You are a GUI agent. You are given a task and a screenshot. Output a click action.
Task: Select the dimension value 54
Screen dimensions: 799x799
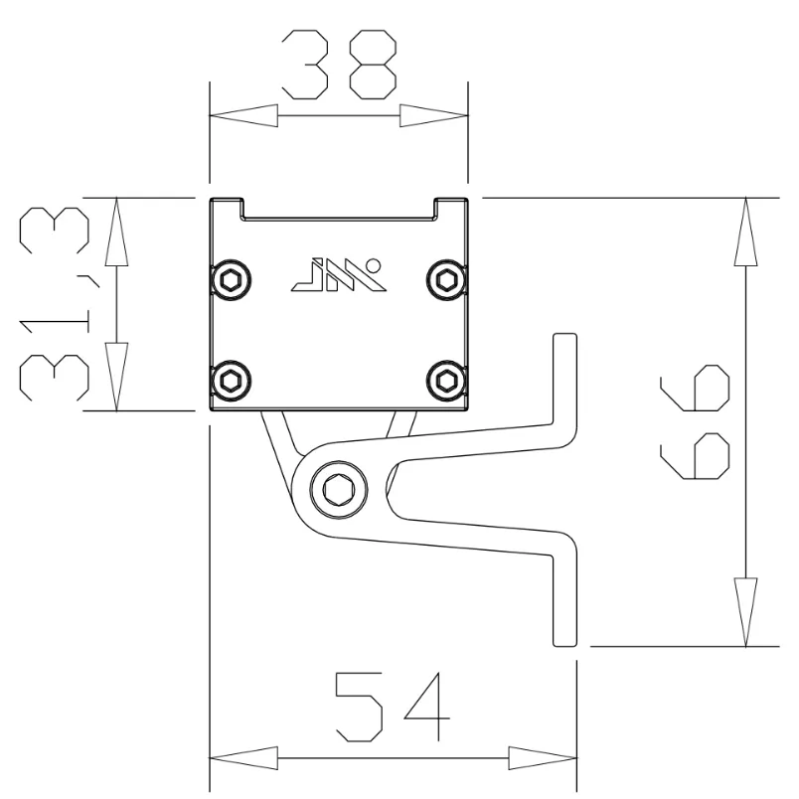pos(391,707)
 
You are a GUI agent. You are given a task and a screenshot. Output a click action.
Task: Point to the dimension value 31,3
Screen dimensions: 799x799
pos(55,303)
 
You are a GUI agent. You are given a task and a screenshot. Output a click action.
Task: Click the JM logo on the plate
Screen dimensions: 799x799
pos(336,275)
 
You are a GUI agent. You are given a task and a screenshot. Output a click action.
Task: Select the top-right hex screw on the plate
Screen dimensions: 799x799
pos(443,279)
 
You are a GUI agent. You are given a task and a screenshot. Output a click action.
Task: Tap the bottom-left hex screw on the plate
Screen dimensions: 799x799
pos(232,379)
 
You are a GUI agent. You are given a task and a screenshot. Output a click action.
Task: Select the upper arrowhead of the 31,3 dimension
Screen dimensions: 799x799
pos(117,232)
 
